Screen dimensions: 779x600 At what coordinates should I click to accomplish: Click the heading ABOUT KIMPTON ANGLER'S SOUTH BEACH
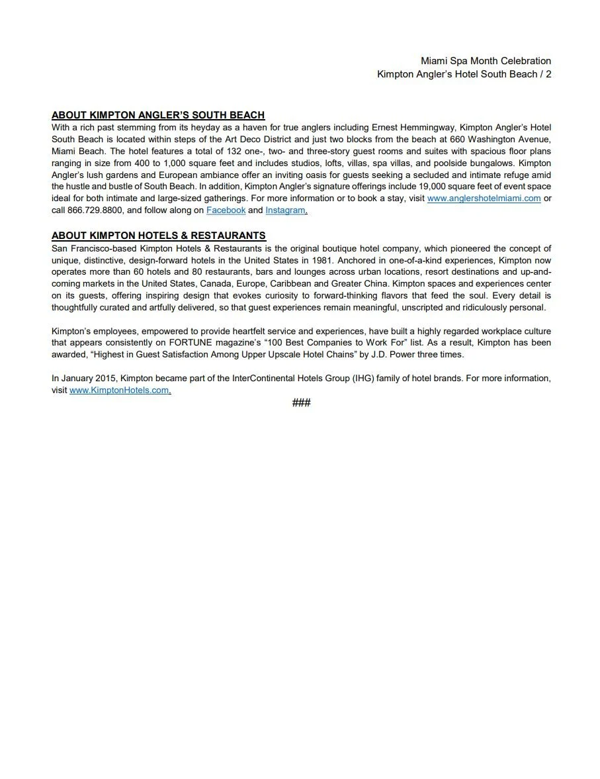tap(158, 115)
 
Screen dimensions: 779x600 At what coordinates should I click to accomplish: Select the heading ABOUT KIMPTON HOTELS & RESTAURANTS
tap(159, 236)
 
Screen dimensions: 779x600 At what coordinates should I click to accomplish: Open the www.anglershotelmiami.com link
tap(484, 199)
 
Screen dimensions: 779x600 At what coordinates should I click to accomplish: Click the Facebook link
tap(226, 210)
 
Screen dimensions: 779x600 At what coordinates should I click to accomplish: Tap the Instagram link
tap(285, 210)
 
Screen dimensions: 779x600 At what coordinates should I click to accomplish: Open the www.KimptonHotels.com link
tap(119, 390)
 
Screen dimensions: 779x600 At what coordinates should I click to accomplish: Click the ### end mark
tap(301, 403)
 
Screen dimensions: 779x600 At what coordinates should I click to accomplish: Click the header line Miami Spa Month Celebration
tap(486, 61)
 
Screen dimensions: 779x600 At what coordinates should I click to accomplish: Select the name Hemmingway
tap(431, 127)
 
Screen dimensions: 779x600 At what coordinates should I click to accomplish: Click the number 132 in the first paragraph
tap(234, 151)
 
